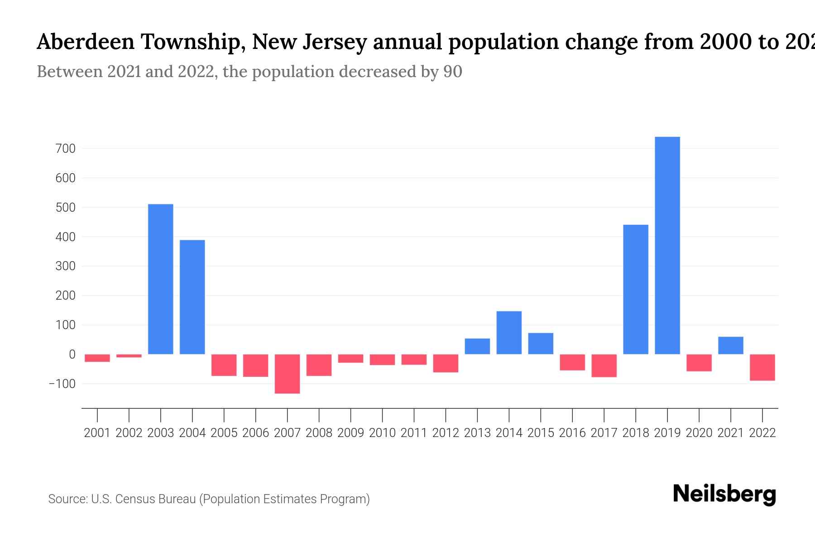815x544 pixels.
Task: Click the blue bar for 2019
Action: [x=667, y=245]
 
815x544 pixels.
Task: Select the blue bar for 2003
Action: [x=161, y=279]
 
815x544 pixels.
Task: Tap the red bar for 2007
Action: [x=287, y=374]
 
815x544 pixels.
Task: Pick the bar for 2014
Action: [x=509, y=333]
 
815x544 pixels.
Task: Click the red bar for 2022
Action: [x=762, y=367]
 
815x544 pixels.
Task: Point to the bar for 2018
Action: [x=636, y=289]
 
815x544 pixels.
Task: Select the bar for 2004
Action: [x=192, y=297]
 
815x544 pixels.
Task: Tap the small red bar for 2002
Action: [x=129, y=356]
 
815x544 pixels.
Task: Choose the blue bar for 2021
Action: [x=731, y=345]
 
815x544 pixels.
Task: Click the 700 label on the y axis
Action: [x=65, y=149]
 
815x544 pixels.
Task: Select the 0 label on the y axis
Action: [x=72, y=355]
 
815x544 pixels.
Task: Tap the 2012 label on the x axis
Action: [x=446, y=433]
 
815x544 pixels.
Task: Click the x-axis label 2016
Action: [x=572, y=433]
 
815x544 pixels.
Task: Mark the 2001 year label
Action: [x=97, y=433]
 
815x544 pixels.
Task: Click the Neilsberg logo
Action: [x=724, y=494]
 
